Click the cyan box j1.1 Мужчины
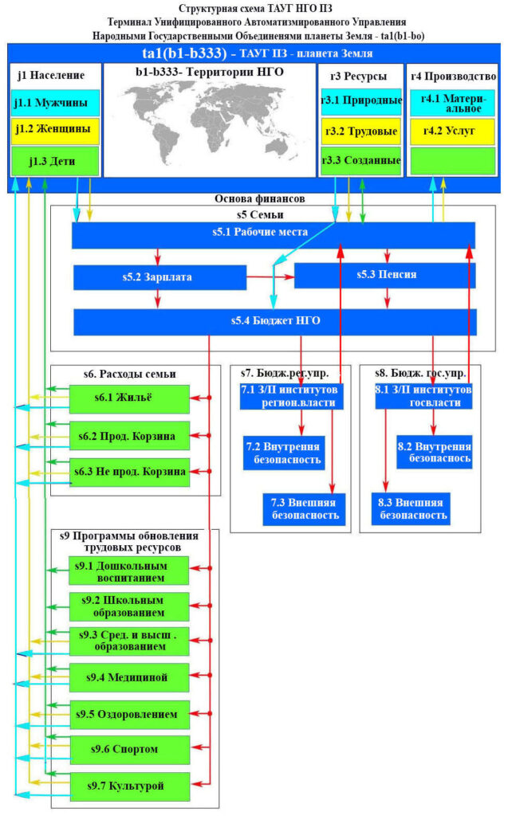55,103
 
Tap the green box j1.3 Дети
55,161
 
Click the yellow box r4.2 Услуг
451,131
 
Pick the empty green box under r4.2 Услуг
451,161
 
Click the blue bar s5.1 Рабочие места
274,235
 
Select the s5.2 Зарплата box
160,277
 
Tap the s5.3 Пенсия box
385,275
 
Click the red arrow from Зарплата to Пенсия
270,277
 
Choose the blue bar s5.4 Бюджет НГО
275,322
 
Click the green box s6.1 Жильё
129,399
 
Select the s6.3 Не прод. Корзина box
129,472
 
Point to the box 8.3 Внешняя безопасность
411,509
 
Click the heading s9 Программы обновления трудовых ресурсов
129,542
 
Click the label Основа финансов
259,198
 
